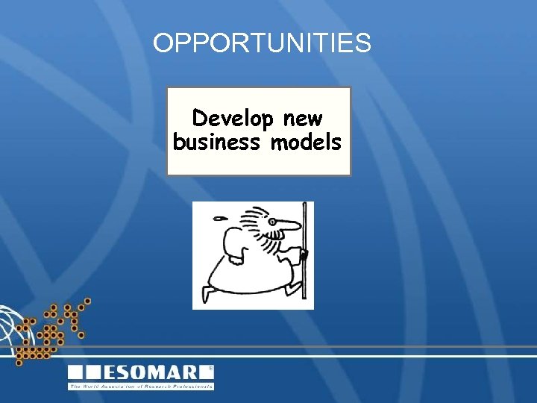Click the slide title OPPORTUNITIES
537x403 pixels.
pos(262,43)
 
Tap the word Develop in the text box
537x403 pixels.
pos(234,119)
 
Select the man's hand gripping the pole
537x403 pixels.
pos(302,256)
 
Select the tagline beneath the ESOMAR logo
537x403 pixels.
pos(141,387)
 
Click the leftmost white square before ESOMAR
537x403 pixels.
pos(76,372)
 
